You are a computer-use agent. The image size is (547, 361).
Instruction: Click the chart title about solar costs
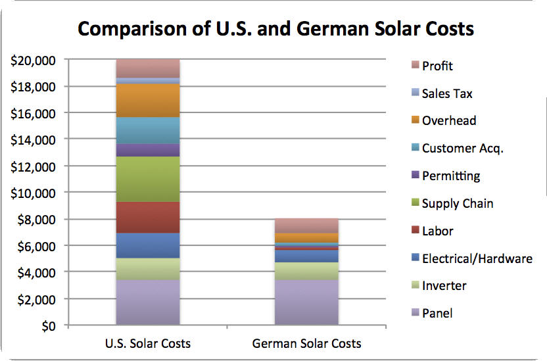coord(276,29)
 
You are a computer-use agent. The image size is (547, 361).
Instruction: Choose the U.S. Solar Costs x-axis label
coord(147,343)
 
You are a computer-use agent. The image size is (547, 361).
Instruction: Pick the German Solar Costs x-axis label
coord(306,343)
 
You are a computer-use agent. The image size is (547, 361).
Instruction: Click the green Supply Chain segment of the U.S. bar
coord(147,179)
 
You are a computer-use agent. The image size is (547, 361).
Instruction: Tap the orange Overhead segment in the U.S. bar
coord(147,101)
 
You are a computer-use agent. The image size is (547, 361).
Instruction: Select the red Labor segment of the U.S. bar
coord(147,217)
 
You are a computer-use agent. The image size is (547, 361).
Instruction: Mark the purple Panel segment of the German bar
coord(306,302)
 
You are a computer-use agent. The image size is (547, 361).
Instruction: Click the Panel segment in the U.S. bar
coord(147,302)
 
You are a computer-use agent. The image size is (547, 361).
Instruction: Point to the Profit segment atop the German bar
coord(306,226)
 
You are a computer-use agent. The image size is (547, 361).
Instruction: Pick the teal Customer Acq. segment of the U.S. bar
coord(147,130)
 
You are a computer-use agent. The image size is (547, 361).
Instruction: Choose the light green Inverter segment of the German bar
coord(306,271)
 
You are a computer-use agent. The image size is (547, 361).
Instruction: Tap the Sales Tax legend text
coord(447,93)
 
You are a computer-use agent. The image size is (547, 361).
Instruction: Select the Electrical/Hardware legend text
coord(477,258)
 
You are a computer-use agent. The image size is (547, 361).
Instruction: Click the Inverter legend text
coord(444,286)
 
